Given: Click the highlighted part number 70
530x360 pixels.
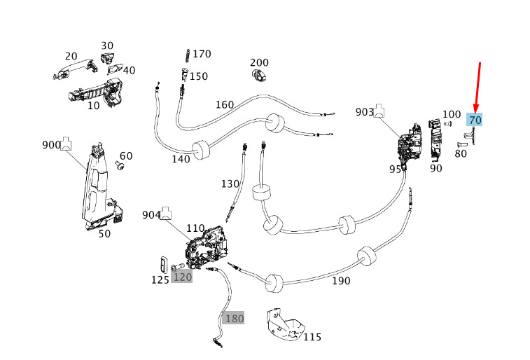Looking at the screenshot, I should click(475, 120).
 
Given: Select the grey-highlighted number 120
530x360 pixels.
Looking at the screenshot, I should click(182, 277).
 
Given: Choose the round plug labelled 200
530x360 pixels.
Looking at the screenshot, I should click(258, 74).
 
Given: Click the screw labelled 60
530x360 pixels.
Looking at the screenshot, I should click(119, 167).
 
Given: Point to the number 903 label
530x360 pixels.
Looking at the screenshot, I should click(365, 112).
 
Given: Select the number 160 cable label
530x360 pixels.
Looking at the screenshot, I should click(224, 105).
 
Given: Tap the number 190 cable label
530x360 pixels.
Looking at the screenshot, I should click(341, 281).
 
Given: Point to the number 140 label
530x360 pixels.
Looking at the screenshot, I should click(181, 159).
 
